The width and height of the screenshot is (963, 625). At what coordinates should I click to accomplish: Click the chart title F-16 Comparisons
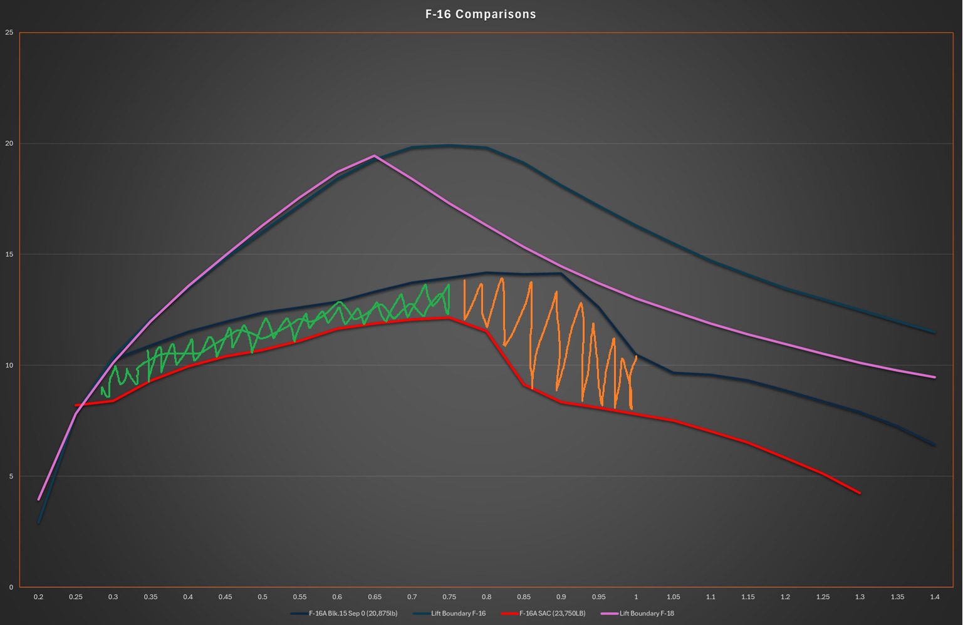coord(481,14)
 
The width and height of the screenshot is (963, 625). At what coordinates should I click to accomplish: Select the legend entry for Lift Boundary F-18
coord(647,613)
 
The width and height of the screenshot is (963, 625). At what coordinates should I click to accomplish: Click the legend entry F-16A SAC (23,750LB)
coord(552,613)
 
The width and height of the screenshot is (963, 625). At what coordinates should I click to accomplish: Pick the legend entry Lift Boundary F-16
coord(458,613)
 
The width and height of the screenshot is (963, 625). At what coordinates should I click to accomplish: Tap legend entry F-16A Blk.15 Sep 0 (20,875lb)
coord(353,613)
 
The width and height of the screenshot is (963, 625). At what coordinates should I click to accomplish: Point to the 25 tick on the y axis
coord(9,33)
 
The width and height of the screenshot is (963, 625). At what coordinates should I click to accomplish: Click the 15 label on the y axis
coord(9,254)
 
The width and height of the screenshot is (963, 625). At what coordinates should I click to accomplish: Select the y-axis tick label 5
coord(11,476)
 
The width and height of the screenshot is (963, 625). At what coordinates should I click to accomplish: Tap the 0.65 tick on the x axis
coord(375,597)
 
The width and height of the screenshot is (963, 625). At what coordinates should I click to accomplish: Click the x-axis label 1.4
coord(935,597)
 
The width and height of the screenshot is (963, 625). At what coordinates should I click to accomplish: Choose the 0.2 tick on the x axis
coord(38,597)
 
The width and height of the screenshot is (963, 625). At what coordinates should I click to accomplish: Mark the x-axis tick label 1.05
coord(674,597)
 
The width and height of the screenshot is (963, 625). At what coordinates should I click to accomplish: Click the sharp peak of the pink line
coord(374,155)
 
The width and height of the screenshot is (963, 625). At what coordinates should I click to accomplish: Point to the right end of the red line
coord(860,493)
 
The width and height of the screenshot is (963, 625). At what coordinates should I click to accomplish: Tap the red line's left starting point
coord(76,405)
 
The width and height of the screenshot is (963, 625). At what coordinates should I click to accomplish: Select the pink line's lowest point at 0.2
coord(39,499)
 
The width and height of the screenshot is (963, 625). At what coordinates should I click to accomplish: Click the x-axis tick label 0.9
coord(561,597)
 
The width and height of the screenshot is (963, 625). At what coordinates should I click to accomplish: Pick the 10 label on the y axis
coord(9,365)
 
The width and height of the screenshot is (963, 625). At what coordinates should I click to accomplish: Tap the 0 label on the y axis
coord(11,587)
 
